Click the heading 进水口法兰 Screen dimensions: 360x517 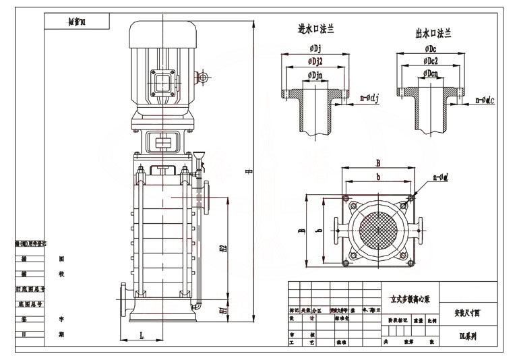[x=316, y=30]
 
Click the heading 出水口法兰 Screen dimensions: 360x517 [x=433, y=33]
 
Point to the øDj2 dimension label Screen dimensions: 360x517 [x=315, y=61]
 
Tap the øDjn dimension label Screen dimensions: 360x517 [x=315, y=74]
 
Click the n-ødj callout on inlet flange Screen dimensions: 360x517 [x=369, y=100]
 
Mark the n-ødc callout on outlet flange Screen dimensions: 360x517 [x=485, y=100]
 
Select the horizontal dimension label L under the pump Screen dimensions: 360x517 [x=142, y=334]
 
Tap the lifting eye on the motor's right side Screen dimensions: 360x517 [x=202, y=78]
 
